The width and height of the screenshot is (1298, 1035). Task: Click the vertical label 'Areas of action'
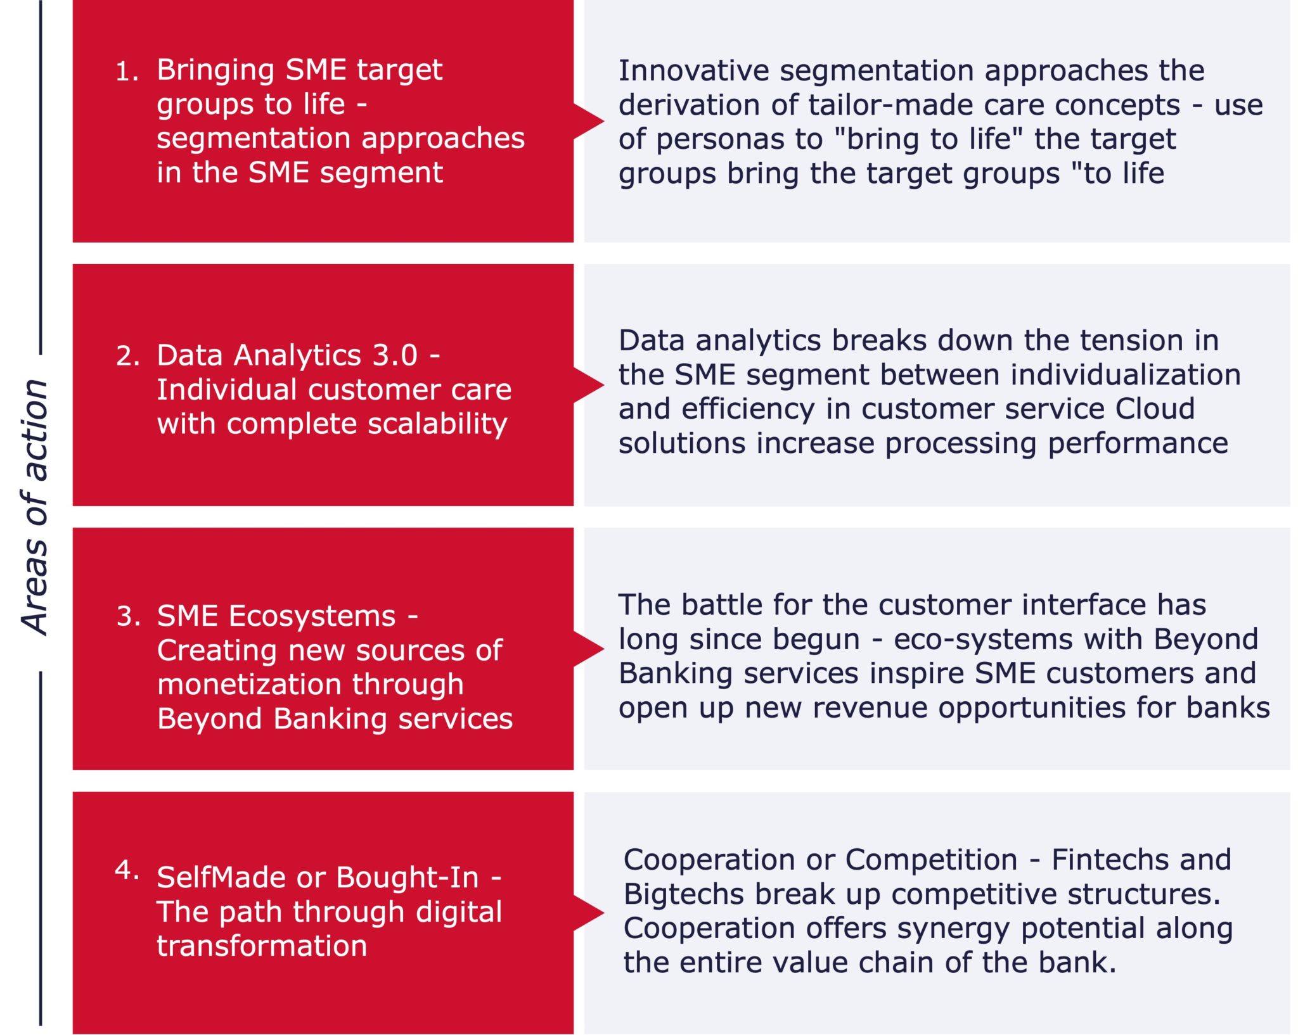[x=35, y=507]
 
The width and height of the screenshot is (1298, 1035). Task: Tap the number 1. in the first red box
[x=127, y=72]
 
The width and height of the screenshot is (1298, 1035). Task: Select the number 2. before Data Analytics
[x=128, y=356]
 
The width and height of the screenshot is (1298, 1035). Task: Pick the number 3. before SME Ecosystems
[x=129, y=616]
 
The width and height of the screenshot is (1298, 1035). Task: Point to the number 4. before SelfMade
[x=127, y=870]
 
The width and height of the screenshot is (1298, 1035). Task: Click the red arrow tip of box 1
[x=604, y=121]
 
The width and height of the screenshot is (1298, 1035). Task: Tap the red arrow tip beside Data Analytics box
[x=604, y=385]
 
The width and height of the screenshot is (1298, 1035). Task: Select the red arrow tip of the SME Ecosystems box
[x=604, y=649]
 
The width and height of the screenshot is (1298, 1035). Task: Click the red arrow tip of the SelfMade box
[x=604, y=913]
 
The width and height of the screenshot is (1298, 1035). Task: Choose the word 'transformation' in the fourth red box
[x=262, y=946]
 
